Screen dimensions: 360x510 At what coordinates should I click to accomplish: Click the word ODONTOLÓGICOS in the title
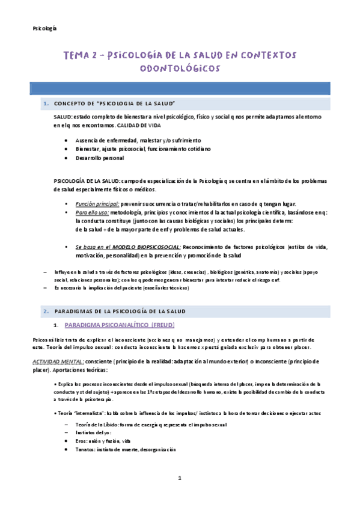180,69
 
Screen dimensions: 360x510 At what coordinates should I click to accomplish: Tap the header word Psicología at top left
44,28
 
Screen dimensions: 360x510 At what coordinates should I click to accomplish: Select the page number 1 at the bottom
179,478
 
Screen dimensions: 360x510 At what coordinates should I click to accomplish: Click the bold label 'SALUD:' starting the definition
63,116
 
